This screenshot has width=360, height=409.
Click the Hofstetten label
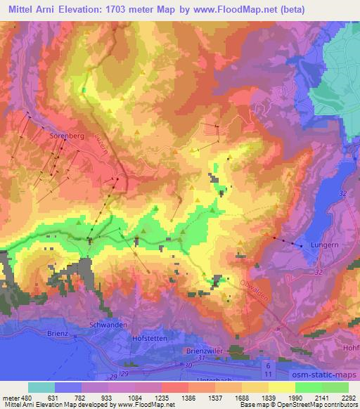point(150,339)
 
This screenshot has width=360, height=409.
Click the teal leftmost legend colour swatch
point(41,387)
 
